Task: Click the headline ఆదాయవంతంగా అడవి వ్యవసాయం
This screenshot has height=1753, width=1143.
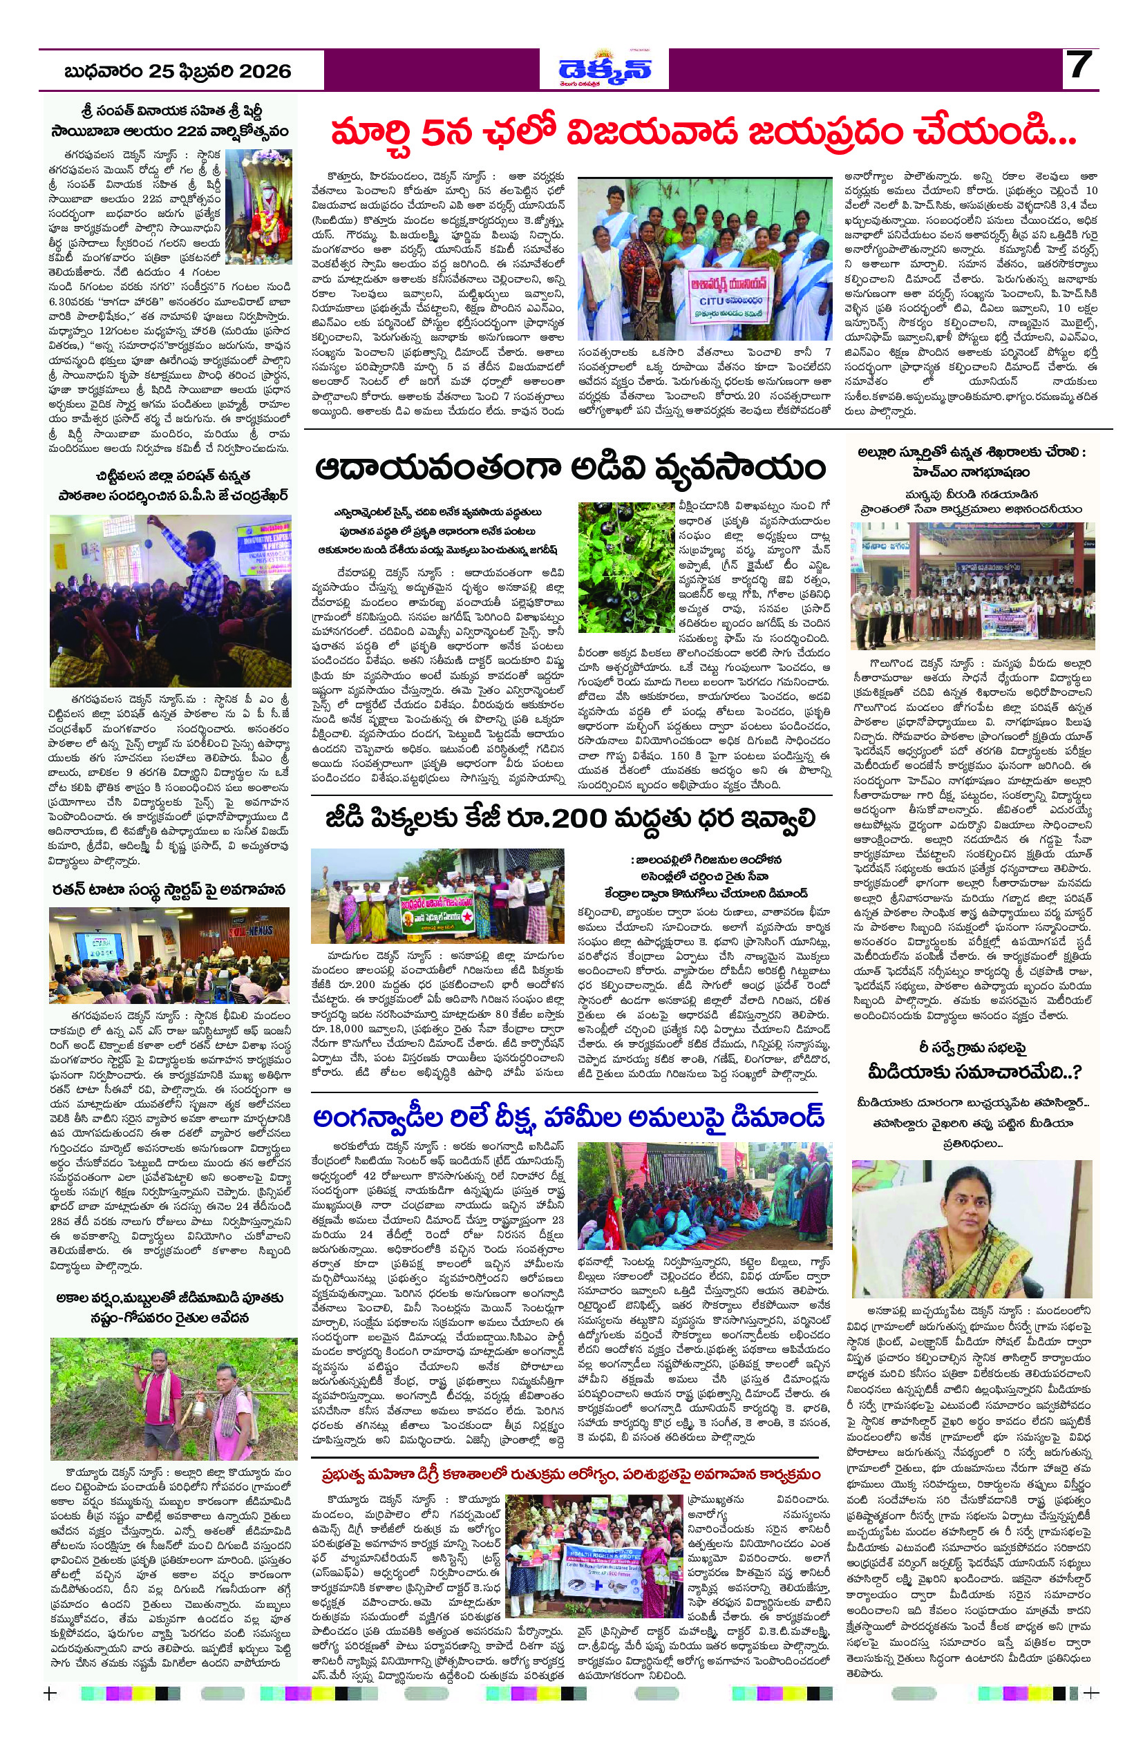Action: [x=571, y=469]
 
